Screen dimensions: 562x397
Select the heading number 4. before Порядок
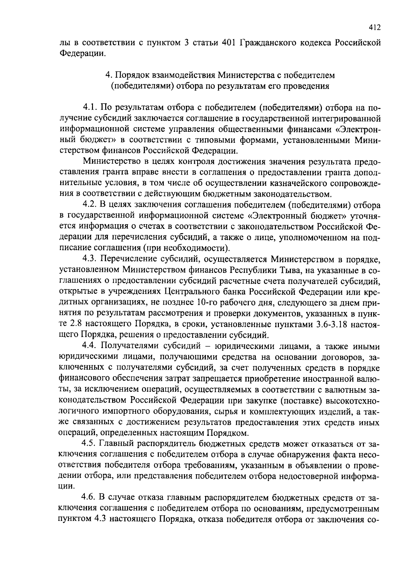coord(108,75)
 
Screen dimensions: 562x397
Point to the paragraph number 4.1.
coord(90,108)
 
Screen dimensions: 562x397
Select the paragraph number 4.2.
coord(90,205)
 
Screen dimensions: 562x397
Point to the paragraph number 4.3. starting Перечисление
coord(90,259)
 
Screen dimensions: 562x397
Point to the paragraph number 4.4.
coord(90,346)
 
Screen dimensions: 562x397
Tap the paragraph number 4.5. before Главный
coord(90,443)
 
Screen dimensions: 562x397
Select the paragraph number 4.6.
coord(90,497)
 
